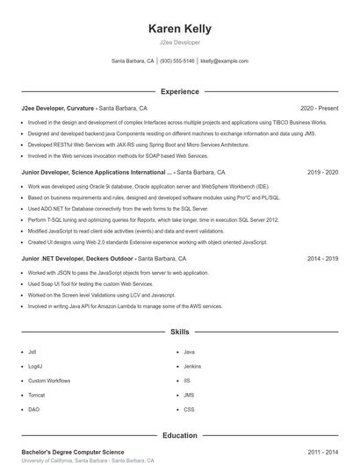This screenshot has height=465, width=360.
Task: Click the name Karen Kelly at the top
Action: [x=179, y=29]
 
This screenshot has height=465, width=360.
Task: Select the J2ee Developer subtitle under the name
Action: [x=179, y=42]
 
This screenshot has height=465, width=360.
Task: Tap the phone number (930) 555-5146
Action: [x=177, y=61]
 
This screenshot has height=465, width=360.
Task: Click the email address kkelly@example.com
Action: [x=224, y=61]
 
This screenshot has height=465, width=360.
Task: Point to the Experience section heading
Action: [x=179, y=91]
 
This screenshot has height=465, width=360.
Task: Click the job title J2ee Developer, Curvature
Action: [x=58, y=108]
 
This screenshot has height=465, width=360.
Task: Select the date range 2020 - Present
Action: [x=319, y=108]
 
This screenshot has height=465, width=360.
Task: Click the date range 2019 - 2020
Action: [x=322, y=173]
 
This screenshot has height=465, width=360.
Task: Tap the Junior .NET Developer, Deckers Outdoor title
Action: [x=78, y=259]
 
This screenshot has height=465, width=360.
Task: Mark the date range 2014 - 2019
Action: [x=322, y=259]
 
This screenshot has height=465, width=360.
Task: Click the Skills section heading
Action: [x=179, y=333]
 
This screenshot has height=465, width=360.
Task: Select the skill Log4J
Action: [x=34, y=366]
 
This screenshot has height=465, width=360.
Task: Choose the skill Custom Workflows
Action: [x=49, y=381]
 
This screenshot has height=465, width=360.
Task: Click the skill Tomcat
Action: [x=36, y=395]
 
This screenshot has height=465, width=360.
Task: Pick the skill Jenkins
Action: [x=192, y=366]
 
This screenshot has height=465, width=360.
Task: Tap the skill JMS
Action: [x=189, y=395]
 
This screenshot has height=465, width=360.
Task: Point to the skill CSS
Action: [x=189, y=410]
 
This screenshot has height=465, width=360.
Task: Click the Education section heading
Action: [x=179, y=435]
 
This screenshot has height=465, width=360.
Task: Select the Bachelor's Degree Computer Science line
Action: [x=73, y=452]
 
